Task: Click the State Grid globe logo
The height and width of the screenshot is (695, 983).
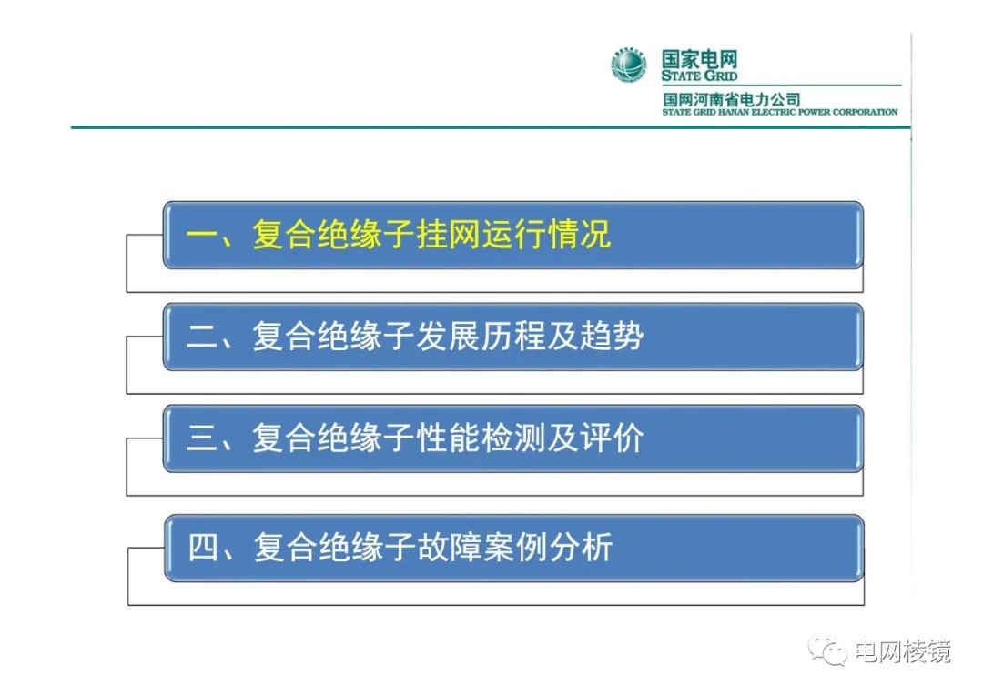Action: click(x=629, y=65)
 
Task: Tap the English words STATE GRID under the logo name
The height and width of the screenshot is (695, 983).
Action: click(x=699, y=76)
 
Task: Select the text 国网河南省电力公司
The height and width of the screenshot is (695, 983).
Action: click(x=731, y=99)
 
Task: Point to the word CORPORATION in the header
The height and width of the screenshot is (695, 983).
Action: click(x=861, y=112)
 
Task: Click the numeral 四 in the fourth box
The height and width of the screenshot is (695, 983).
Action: click(x=203, y=548)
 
